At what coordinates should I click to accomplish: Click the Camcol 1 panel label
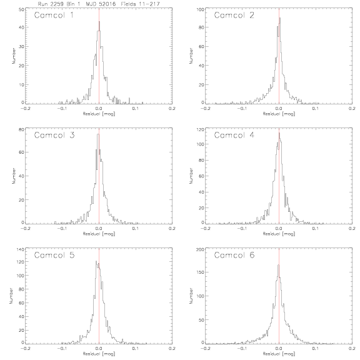(x=54, y=16)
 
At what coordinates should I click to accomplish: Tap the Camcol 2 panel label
(x=234, y=16)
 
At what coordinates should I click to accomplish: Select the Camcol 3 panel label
(x=54, y=135)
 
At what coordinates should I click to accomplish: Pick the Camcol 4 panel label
(x=234, y=135)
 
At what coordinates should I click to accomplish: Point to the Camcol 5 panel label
(x=54, y=255)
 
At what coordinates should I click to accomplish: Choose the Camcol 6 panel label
(x=234, y=255)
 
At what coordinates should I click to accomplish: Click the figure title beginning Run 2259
(x=99, y=4)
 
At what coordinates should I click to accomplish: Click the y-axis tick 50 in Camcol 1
(x=21, y=9)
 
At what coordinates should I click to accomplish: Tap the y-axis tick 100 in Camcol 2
(x=201, y=9)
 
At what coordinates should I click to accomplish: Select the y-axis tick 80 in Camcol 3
(x=21, y=129)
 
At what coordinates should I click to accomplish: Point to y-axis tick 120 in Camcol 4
(x=201, y=129)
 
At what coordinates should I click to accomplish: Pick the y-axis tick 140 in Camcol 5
(x=21, y=249)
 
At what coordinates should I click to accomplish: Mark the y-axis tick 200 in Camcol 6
(x=201, y=249)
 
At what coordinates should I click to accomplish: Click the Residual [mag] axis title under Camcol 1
(x=99, y=114)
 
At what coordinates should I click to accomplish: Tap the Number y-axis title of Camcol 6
(x=191, y=296)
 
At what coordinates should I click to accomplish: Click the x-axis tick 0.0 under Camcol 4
(x=279, y=229)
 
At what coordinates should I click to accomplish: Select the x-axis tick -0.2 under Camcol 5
(x=25, y=349)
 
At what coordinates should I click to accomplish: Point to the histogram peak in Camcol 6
(x=279, y=265)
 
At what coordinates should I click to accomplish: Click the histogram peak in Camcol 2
(x=280, y=18)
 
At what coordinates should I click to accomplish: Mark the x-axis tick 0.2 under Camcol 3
(x=172, y=229)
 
